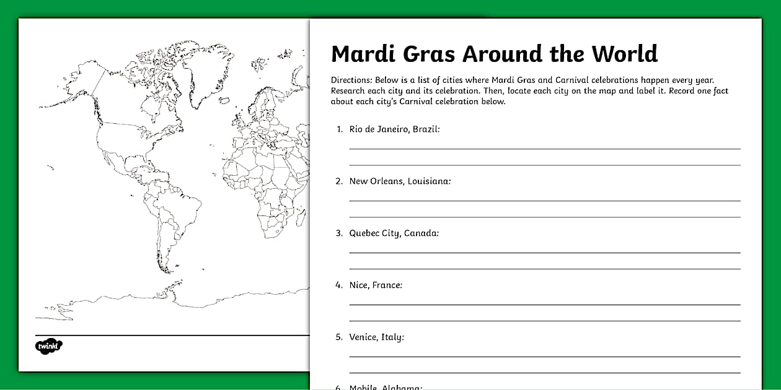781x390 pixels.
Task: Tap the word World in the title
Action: click(x=624, y=54)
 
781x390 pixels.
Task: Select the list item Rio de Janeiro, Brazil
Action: click(x=394, y=129)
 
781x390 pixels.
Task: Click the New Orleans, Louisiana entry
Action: click(x=400, y=181)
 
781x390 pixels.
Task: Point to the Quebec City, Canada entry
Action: click(x=394, y=233)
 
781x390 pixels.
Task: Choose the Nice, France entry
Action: click(x=376, y=285)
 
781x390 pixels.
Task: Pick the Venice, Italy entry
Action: click(x=376, y=337)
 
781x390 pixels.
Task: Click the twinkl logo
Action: click(x=49, y=345)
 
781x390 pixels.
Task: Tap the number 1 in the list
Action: click(x=339, y=129)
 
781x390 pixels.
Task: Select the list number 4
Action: click(x=339, y=285)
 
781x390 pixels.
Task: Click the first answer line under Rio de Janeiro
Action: click(x=544, y=149)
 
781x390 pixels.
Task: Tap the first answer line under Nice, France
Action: click(x=544, y=305)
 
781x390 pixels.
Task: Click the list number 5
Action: click(x=339, y=337)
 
